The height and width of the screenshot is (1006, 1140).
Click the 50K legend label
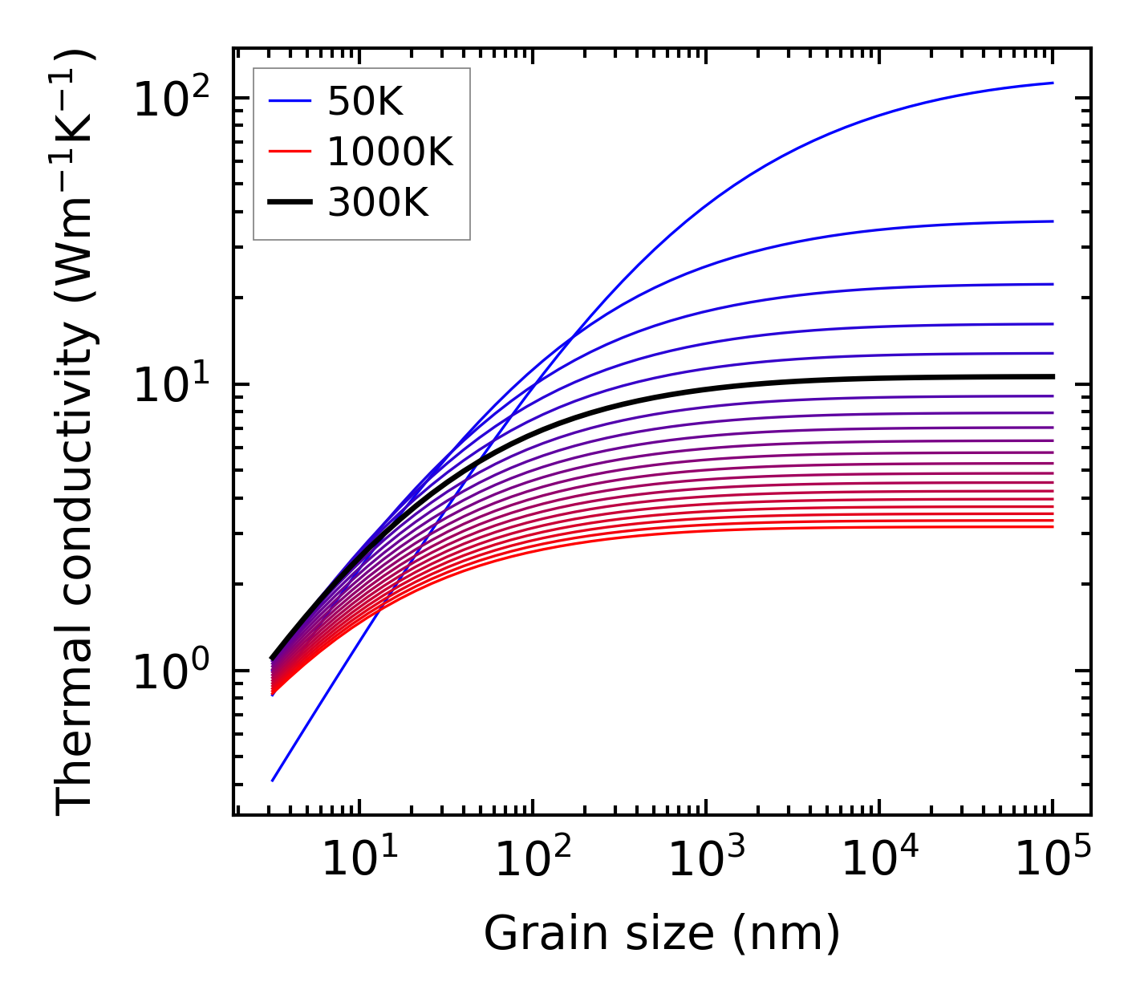365,102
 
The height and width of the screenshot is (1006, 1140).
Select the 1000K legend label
391,152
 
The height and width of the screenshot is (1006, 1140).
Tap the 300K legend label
378,203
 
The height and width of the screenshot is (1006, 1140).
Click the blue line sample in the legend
290,102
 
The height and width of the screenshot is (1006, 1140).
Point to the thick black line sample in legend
290,203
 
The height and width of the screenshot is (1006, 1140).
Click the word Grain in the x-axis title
530,934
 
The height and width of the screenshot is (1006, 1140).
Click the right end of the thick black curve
1052,376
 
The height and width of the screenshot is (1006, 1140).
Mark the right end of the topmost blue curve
1052,83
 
